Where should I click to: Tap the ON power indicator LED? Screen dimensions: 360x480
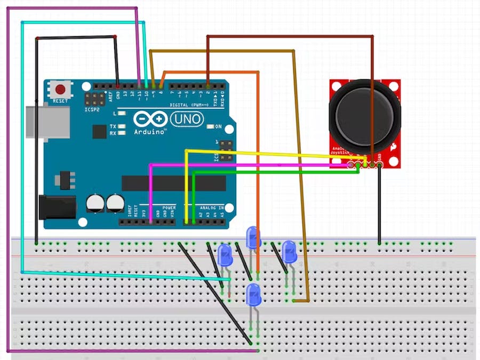(210, 127)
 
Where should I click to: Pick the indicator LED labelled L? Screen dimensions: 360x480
(122, 114)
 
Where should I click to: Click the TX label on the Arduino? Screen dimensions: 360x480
(113, 126)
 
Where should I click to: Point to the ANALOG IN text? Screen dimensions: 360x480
(212, 207)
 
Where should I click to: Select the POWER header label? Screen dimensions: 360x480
(169, 207)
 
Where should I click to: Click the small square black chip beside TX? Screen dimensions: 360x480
(99, 132)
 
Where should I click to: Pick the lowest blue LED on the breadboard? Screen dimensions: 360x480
(253, 295)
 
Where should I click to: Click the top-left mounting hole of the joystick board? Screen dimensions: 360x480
(335, 85)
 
